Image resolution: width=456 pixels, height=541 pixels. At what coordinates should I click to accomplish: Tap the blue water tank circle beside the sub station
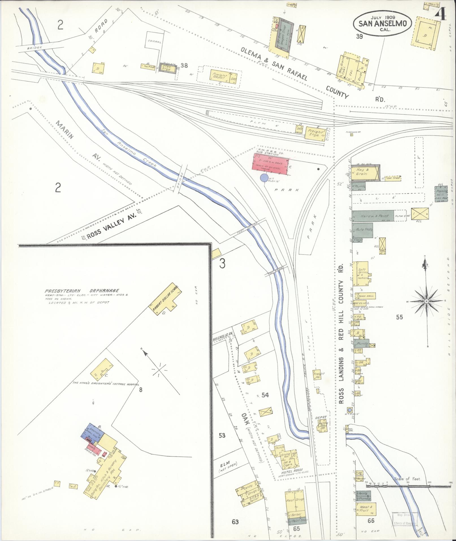(x=264, y=178)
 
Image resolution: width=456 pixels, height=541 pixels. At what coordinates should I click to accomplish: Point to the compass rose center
(x=426, y=301)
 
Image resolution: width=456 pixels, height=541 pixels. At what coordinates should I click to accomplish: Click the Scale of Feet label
(x=408, y=479)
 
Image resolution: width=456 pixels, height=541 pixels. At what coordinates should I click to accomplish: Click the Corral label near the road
(x=154, y=42)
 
